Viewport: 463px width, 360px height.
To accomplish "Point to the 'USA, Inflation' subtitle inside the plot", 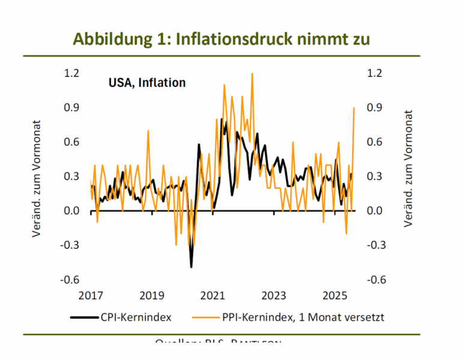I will tap(147, 83).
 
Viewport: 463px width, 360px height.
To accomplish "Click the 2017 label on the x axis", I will tap(91, 296).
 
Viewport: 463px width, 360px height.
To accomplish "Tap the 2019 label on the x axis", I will tap(152, 296).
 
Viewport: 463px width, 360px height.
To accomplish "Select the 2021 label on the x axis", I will tap(213, 296).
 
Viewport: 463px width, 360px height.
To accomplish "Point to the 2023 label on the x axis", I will tap(274, 296).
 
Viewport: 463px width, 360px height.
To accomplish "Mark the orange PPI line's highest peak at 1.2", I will tap(252, 74).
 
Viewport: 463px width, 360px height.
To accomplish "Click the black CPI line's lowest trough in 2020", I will tap(191, 266).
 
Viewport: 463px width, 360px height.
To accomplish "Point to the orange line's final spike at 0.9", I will tap(354, 108).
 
